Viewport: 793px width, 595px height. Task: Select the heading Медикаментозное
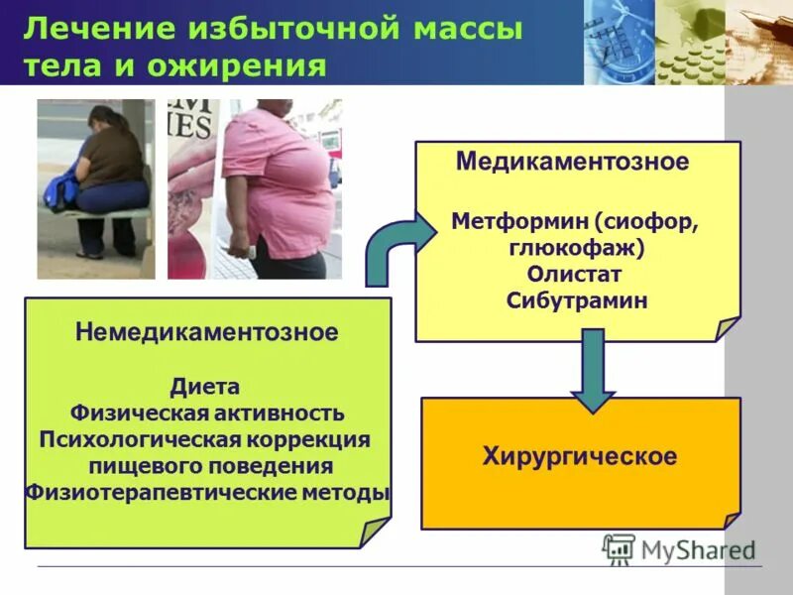(x=572, y=162)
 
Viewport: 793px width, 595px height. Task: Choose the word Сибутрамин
(x=576, y=299)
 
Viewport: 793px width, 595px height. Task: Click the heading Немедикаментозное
(x=206, y=332)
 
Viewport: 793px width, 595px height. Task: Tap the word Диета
(x=204, y=386)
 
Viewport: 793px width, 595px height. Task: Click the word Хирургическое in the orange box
(x=580, y=456)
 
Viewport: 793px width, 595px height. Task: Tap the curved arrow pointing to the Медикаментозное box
(x=392, y=253)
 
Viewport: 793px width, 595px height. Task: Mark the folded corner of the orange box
(x=731, y=520)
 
